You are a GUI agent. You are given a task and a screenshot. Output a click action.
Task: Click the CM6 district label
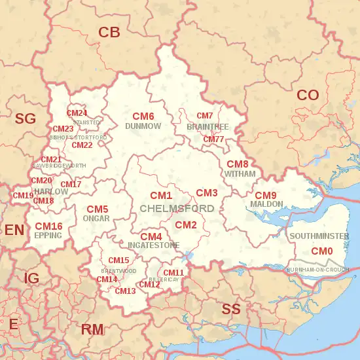pos(143,116)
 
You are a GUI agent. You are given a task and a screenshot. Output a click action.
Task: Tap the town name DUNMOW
pos(143,126)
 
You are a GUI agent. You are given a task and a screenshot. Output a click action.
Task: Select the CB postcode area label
pos(109,32)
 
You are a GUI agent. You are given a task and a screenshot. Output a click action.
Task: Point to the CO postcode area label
pos(308,95)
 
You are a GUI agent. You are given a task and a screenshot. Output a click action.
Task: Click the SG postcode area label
pos(25,118)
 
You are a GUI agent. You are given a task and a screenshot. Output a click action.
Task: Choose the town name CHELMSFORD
pos(177,208)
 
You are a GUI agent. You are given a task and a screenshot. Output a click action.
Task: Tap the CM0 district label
pos(321,251)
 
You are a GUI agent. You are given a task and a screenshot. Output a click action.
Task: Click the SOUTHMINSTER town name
pos(319,236)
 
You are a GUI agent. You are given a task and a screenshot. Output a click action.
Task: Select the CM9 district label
pos(266,196)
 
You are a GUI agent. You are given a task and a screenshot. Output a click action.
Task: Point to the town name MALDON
pos(266,204)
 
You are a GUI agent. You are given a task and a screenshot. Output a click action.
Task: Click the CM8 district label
pos(238,164)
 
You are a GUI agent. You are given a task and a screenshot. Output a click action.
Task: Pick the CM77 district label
pos(213,139)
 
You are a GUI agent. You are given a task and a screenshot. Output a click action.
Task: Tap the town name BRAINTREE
pos(207,126)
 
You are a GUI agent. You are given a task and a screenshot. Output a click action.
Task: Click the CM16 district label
pos(48,226)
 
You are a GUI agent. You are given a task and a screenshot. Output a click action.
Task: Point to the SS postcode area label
pos(231,309)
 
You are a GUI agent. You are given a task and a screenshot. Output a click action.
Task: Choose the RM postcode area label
pos(92,329)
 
